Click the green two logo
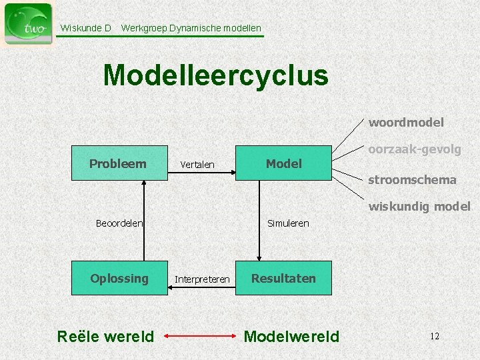28,24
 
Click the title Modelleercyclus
215,75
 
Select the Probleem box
119,163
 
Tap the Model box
283,163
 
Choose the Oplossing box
119,278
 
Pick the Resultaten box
283,278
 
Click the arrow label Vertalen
197,165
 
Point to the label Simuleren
288,223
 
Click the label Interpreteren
202,279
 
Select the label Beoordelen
119,223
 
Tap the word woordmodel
406,122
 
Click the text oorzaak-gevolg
414,150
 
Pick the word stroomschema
412,179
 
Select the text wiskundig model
419,207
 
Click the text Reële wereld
106,337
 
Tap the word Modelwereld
291,337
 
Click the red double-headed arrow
199,337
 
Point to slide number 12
434,336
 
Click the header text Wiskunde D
85,28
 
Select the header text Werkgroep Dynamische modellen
191,28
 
